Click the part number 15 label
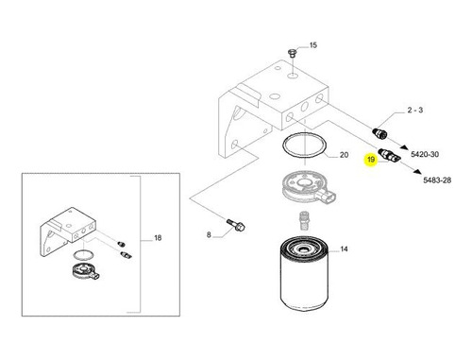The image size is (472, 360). [313, 45]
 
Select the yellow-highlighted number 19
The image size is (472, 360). [371, 161]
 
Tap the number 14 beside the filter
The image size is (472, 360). [345, 249]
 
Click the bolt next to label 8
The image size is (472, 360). [236, 226]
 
